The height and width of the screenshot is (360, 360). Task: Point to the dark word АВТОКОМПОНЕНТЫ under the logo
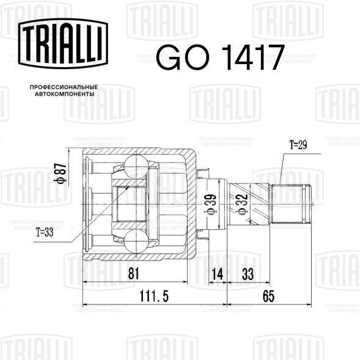[x=64, y=96]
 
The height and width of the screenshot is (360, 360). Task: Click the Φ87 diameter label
[x=60, y=174]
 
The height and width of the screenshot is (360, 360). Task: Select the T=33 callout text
[x=46, y=232]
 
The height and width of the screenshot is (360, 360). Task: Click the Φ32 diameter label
[x=241, y=202]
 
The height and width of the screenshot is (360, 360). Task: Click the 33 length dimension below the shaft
[x=248, y=276]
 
